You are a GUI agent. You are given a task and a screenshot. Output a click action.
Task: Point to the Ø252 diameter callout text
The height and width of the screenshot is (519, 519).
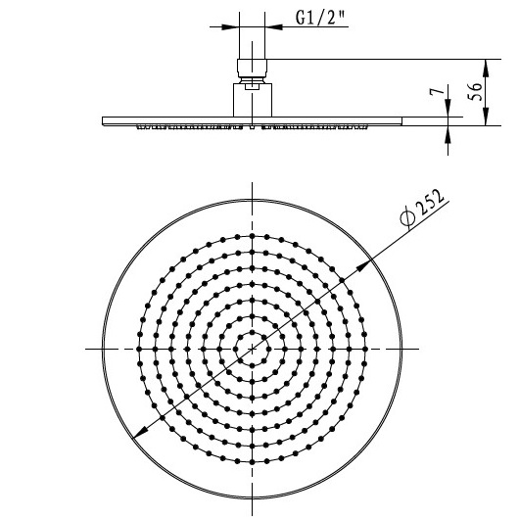click(423, 208)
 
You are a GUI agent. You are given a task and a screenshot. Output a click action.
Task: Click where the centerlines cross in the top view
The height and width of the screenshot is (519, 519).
click(253, 349)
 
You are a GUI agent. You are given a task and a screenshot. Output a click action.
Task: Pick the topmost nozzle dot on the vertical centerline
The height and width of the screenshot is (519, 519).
click(253, 236)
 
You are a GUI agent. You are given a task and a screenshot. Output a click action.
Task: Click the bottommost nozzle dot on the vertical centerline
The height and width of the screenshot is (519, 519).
click(253, 461)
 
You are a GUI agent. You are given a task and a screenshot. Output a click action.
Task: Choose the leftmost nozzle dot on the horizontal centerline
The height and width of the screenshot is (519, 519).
click(140, 349)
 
